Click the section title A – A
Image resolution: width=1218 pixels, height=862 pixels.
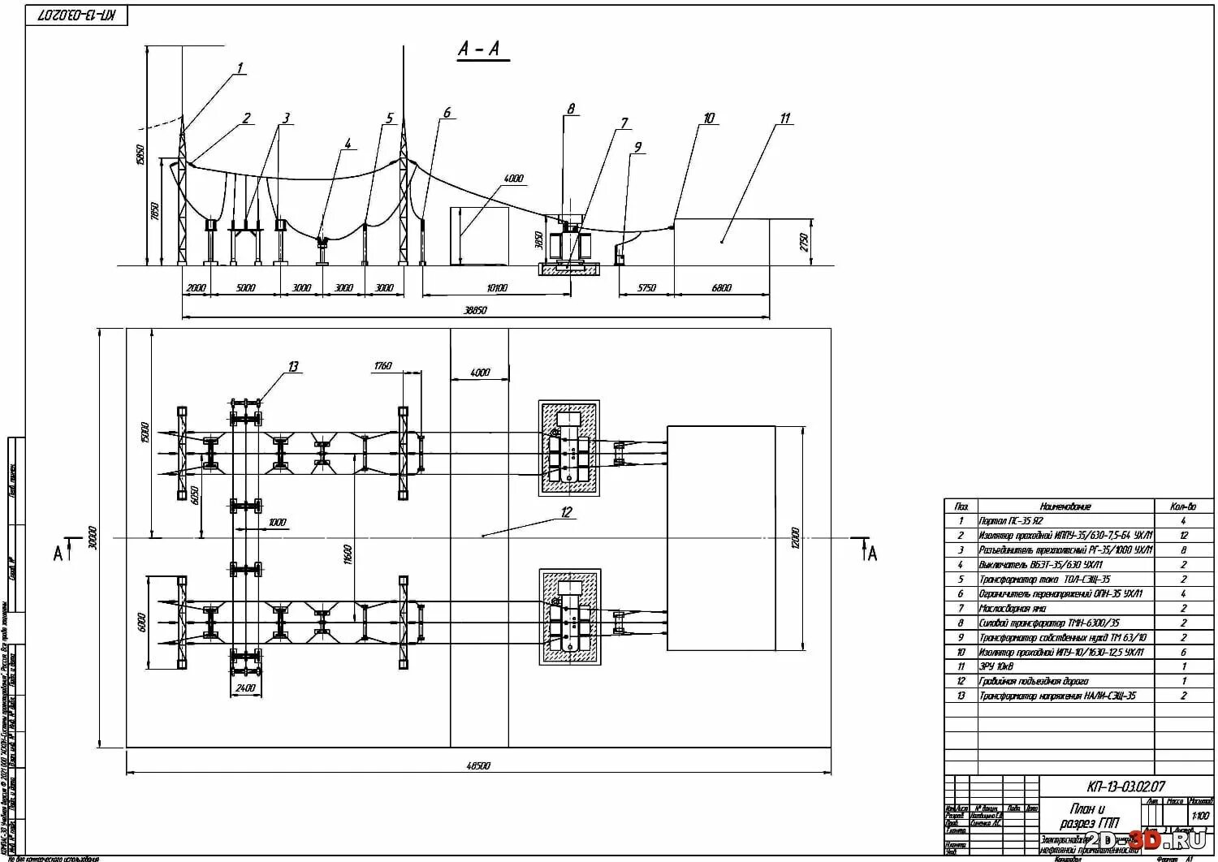click(x=482, y=50)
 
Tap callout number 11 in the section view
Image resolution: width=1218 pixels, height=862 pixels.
click(x=784, y=119)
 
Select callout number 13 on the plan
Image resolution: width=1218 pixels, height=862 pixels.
click(x=293, y=367)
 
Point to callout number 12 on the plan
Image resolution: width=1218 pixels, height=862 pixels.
click(x=566, y=512)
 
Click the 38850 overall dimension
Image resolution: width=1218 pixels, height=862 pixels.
click(x=475, y=310)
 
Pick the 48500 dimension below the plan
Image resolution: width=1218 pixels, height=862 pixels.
click(x=478, y=765)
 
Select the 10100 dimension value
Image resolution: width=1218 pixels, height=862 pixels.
click(x=496, y=287)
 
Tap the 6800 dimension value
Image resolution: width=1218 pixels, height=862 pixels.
click(x=721, y=287)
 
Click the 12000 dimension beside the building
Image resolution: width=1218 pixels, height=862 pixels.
click(x=796, y=537)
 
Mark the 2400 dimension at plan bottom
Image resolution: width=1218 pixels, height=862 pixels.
click(x=245, y=688)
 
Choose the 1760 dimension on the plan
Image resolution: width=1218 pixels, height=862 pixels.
click(x=382, y=366)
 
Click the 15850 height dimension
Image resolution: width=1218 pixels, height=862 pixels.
click(x=140, y=154)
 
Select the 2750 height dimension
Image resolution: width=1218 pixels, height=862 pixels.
click(x=804, y=241)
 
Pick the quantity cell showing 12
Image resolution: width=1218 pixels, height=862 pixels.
click(x=1183, y=536)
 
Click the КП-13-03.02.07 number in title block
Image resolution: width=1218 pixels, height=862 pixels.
click(x=1126, y=787)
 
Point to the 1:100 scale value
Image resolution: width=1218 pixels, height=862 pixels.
click(x=1199, y=816)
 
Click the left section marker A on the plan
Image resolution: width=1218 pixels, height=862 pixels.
click(x=58, y=554)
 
